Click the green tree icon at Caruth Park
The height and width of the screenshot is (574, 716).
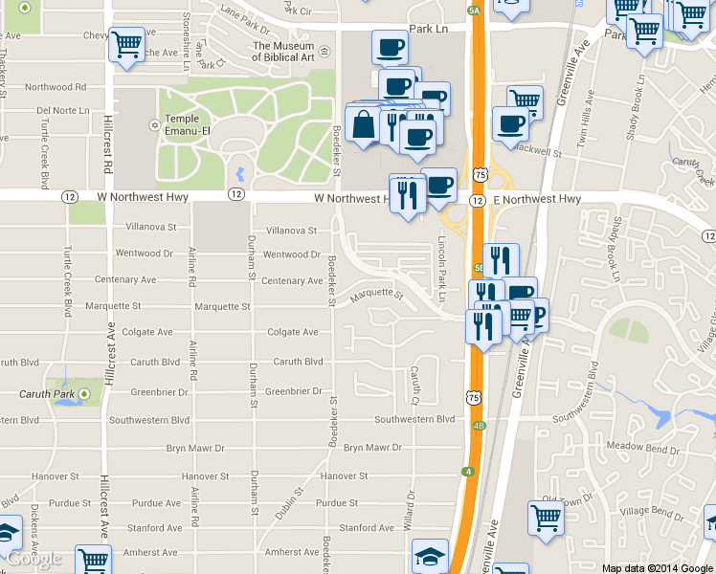point(84,393)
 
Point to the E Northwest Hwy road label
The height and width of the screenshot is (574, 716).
point(537,199)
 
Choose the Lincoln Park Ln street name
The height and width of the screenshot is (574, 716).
point(443,269)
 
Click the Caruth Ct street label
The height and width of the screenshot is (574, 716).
point(415,384)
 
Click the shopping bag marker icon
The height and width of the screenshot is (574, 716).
point(366,124)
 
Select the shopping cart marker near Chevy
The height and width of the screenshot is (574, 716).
point(126,44)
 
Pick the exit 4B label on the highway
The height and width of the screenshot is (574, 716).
point(479,426)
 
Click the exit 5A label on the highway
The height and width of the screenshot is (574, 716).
point(474,10)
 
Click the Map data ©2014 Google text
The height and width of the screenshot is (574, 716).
point(658,568)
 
